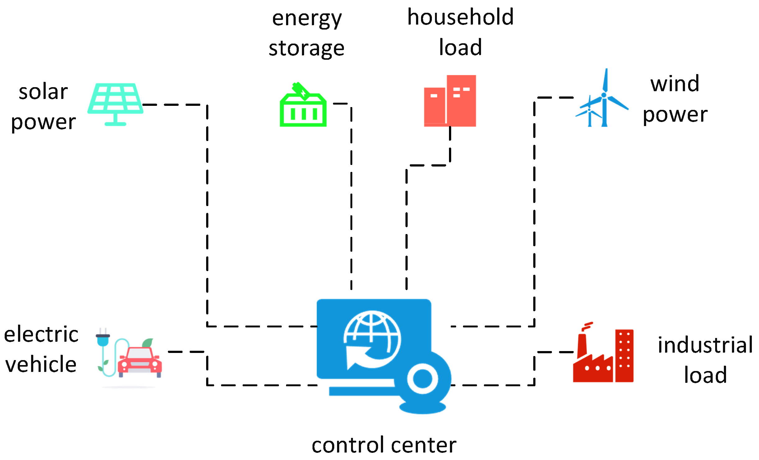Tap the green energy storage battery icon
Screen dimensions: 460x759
coord(303,107)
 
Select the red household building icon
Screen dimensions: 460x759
coord(450,101)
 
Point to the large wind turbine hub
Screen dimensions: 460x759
coord(604,95)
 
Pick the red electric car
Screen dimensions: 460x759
coord(140,361)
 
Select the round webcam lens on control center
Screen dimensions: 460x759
coord(423,379)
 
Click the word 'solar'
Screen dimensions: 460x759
coord(43,92)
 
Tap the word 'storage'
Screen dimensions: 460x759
coord(307,49)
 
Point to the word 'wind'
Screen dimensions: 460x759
coord(675,84)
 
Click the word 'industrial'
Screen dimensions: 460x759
coord(705,345)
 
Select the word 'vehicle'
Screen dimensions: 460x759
coord(41,364)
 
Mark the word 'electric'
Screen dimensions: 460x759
coord(41,335)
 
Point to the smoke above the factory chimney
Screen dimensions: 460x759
coord(587,326)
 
